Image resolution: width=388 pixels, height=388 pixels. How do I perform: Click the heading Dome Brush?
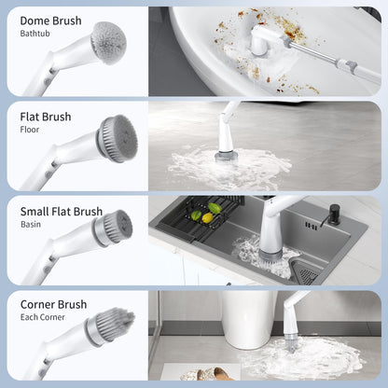50,21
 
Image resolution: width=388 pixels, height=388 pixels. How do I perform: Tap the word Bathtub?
35,34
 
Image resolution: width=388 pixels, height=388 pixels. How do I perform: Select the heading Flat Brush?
46,117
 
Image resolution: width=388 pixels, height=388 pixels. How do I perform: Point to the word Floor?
30,130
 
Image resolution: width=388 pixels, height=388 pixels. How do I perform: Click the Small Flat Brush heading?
62,212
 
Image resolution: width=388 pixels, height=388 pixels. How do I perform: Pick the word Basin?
31,224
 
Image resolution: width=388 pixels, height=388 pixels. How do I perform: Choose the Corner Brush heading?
53,304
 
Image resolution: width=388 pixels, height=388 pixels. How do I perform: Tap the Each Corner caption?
43,317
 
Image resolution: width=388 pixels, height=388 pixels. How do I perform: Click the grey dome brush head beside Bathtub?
109,43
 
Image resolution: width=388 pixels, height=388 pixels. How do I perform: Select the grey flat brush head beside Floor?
118,138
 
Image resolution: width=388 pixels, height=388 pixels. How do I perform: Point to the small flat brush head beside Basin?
114,227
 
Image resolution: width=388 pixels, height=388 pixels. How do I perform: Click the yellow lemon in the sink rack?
207,218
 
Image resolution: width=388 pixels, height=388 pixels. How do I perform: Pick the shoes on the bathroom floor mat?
208,374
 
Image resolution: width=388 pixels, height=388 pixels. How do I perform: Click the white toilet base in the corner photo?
248,319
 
